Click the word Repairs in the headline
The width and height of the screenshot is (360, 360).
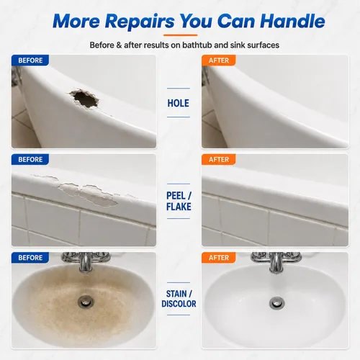[x=140, y=22]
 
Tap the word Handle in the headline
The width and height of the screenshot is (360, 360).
[x=292, y=21]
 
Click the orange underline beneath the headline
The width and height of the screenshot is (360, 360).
[x=180, y=35]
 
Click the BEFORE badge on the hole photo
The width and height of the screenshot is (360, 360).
[x=30, y=60]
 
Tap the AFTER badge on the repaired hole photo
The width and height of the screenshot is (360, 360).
[x=218, y=60]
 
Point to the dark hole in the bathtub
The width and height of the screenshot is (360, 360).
[x=84, y=99]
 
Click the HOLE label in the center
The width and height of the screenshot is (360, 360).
[x=178, y=103]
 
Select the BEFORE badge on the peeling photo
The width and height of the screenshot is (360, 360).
[x=30, y=159]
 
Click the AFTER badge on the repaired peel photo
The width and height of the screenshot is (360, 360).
[x=218, y=159]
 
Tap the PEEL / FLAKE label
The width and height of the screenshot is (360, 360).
[x=179, y=201]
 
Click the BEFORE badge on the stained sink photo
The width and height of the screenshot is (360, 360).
[x=30, y=258]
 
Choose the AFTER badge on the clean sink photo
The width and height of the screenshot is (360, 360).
[x=218, y=258]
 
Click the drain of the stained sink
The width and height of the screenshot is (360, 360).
[x=85, y=302]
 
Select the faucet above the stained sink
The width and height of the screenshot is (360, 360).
[x=86, y=261]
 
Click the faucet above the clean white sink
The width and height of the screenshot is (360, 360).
[x=276, y=262]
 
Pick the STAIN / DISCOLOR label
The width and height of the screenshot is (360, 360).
[x=179, y=299]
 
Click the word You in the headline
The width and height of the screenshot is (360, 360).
[x=196, y=21]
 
